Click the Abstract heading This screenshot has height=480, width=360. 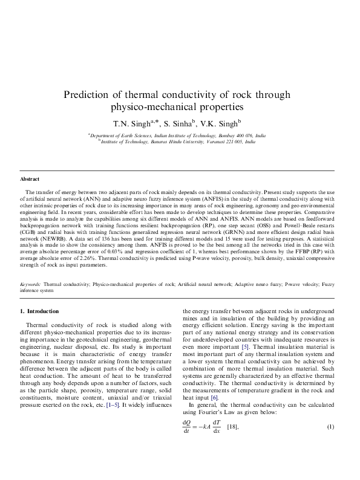coord(30,180)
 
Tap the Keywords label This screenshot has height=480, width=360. coord(30,284)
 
